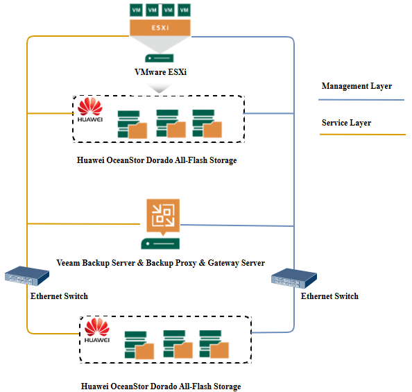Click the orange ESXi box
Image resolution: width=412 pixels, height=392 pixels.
tap(160, 28)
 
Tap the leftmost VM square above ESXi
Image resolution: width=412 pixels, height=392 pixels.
tap(136, 10)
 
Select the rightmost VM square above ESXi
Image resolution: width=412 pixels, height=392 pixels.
tap(184, 10)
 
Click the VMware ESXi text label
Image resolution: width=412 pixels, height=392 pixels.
tap(160, 71)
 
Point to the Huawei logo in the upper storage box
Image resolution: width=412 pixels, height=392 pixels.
tap(90, 110)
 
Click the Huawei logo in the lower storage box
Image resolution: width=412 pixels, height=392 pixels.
tap(97, 330)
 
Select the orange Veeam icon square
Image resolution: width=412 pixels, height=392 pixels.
tap(163, 216)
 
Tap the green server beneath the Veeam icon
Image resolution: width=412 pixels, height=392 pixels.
tap(160, 244)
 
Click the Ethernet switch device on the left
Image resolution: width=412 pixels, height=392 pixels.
tap(27, 276)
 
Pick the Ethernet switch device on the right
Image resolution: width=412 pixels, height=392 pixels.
tap(294, 278)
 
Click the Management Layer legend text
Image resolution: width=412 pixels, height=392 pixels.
tap(357, 86)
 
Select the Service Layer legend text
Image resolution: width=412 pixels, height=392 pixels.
tap(347, 123)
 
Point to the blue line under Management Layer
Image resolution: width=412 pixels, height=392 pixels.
tap(361, 100)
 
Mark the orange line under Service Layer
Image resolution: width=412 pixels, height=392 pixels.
tap(363, 135)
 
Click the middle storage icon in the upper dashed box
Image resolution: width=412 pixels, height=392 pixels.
tap(171, 123)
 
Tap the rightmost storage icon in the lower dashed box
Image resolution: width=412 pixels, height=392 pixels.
tap(214, 344)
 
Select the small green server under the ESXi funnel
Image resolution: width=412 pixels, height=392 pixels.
tap(160, 58)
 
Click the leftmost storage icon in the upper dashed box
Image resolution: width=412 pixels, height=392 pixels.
tap(132, 124)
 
